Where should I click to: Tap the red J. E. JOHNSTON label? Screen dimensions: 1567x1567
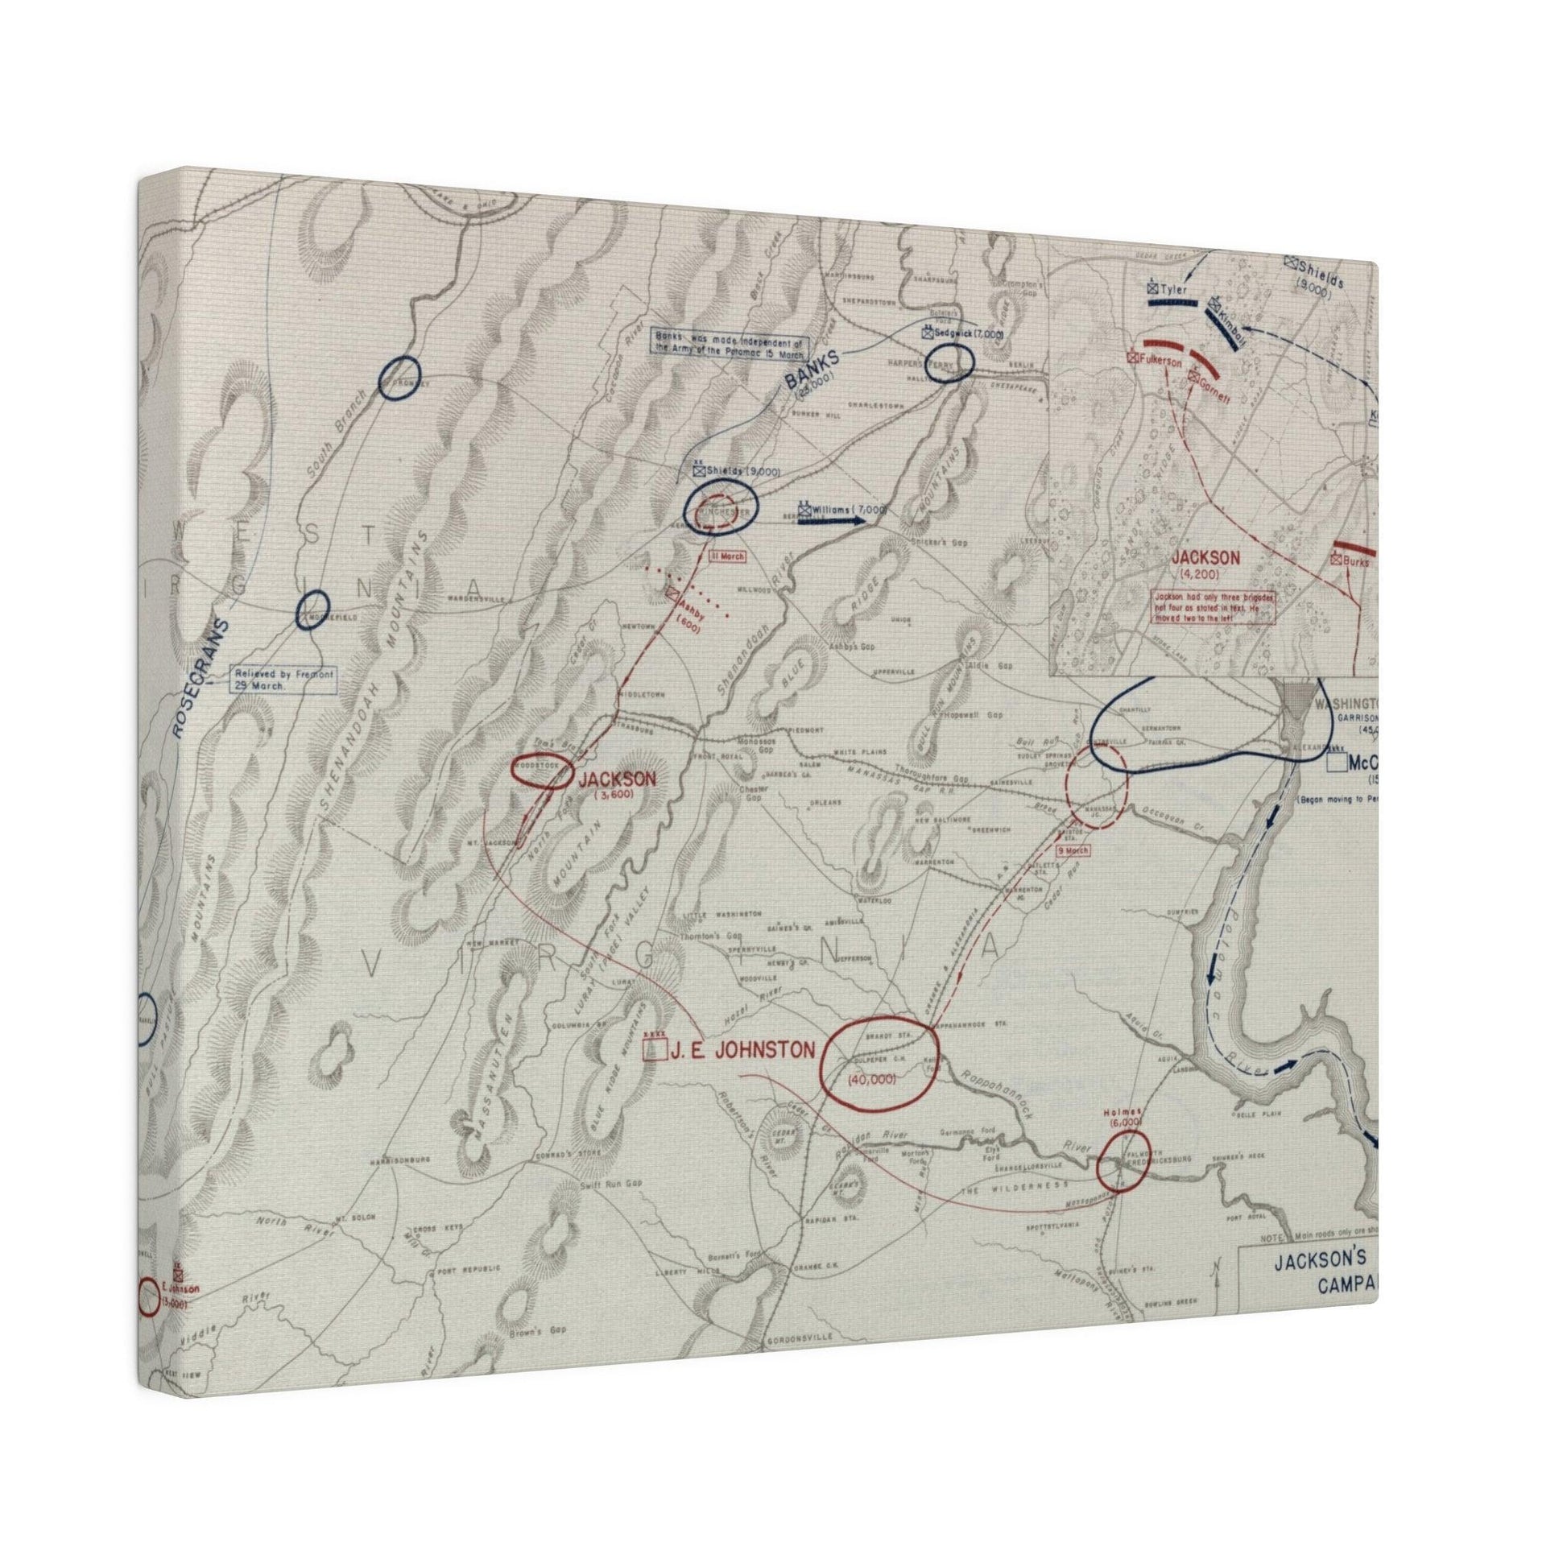coord(742,1049)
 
